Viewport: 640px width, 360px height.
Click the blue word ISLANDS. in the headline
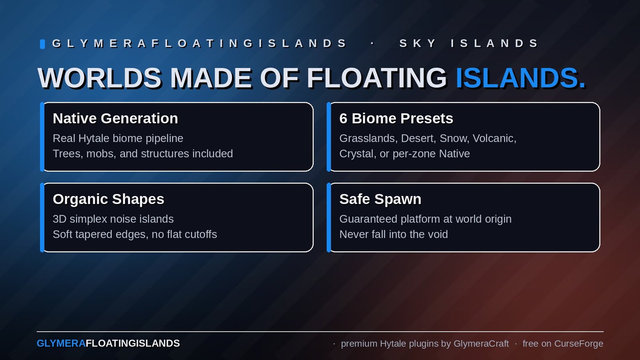click(x=520, y=78)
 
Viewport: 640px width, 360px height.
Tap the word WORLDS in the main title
click(x=100, y=78)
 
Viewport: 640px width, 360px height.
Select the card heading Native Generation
click(x=116, y=118)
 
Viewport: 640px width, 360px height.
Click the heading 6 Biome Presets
click(x=396, y=118)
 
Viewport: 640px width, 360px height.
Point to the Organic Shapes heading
click(x=108, y=199)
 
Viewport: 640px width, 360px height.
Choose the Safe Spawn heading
click(x=380, y=199)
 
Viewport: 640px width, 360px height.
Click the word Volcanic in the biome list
click(x=494, y=138)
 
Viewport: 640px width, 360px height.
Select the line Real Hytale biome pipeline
click(x=118, y=138)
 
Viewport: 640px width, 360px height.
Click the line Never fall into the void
click(x=394, y=234)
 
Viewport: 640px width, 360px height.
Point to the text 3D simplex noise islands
click(x=113, y=219)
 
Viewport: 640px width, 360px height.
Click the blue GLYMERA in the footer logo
click(x=61, y=343)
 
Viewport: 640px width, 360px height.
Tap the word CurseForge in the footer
click(x=579, y=344)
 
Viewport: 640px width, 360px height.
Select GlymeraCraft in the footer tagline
click(x=481, y=344)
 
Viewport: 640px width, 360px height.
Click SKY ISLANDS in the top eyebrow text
click(x=468, y=44)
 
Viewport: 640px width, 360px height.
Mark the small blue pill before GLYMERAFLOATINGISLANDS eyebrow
click(x=42, y=44)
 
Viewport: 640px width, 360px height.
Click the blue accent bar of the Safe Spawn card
click(x=328, y=218)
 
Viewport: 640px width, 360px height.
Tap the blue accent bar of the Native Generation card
click(x=42, y=137)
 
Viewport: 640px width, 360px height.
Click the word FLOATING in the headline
click(x=376, y=78)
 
